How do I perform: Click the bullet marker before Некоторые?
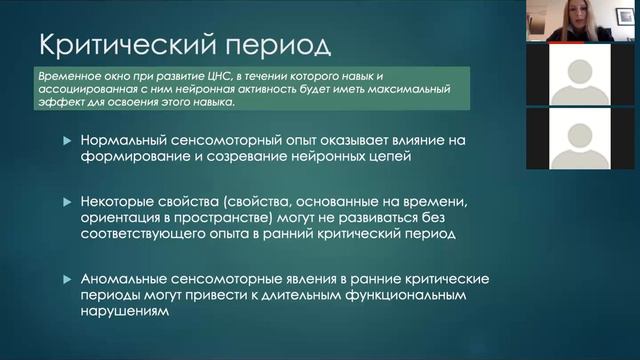tap(66, 203)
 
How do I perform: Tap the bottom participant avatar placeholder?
tap(581, 137)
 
